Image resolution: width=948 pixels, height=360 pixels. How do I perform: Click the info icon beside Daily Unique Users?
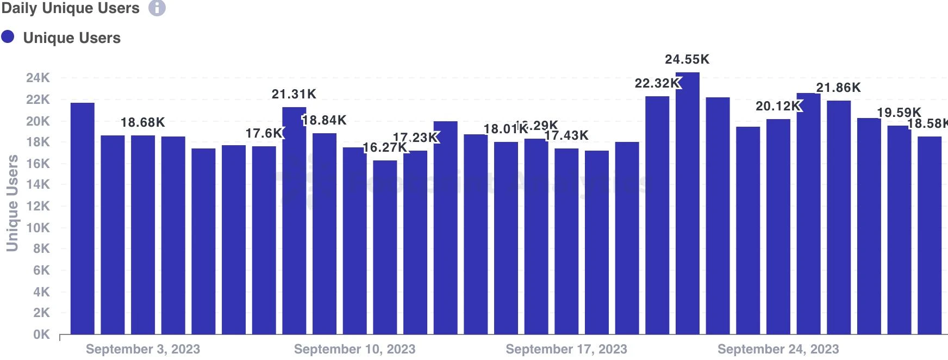(x=157, y=8)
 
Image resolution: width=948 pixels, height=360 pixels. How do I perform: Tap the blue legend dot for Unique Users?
(x=8, y=37)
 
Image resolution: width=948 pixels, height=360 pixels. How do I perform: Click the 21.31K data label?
(x=294, y=94)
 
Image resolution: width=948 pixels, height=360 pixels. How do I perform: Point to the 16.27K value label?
(x=384, y=147)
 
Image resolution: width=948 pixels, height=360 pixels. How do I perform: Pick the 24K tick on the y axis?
(x=38, y=78)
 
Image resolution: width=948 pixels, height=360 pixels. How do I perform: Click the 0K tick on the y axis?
(x=41, y=334)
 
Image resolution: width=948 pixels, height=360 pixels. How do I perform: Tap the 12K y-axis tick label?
(x=38, y=206)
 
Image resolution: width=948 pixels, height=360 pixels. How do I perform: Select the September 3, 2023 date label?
(x=143, y=349)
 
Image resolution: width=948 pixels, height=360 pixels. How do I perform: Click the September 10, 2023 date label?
(x=354, y=349)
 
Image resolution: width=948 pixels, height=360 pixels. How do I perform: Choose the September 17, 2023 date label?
(x=566, y=349)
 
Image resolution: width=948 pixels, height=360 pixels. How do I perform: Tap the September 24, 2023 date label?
(x=778, y=349)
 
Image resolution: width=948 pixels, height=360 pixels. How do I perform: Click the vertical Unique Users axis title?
(x=12, y=203)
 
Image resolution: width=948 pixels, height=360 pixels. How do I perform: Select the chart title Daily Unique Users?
(x=71, y=8)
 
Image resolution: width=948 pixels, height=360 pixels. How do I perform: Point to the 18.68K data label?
(x=142, y=122)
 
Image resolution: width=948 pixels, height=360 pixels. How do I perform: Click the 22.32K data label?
(x=657, y=83)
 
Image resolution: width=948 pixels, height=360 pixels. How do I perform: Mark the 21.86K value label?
(x=838, y=88)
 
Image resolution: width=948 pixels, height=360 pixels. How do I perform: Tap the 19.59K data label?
(x=899, y=113)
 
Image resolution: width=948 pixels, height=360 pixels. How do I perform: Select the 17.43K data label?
(x=566, y=135)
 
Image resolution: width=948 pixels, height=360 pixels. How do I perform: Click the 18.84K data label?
(x=324, y=120)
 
